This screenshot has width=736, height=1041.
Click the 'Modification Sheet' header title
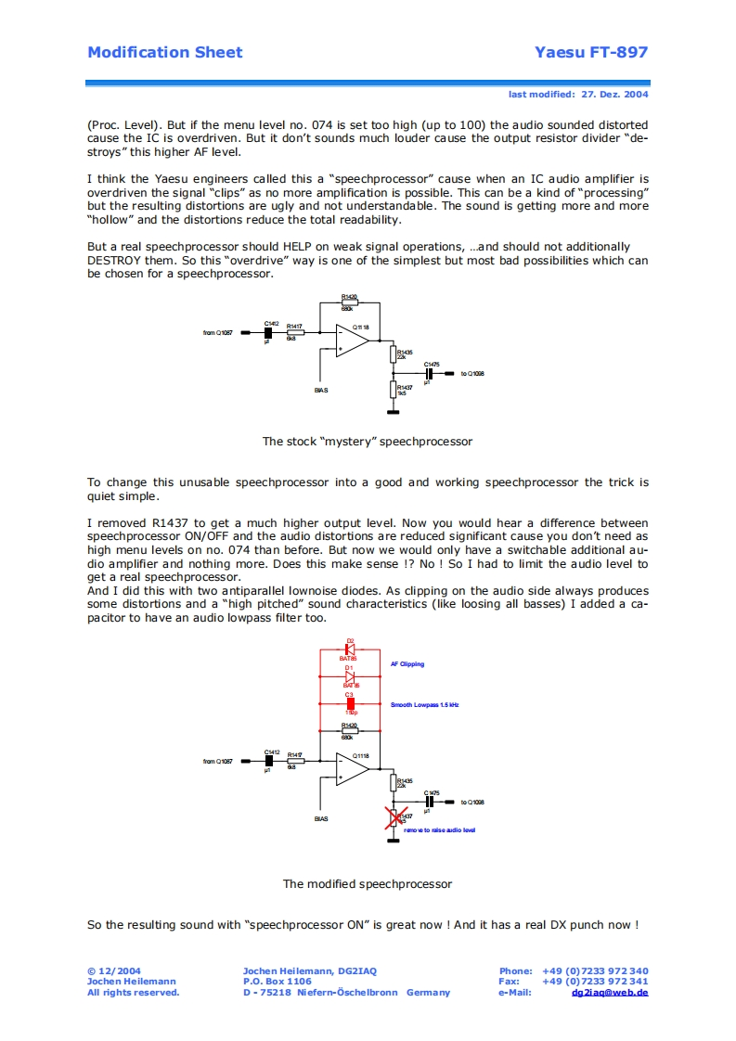point(164,52)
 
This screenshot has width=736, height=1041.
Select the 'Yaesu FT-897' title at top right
point(591,52)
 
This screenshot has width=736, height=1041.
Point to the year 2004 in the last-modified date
point(636,95)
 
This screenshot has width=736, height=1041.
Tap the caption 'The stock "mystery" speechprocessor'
point(367,442)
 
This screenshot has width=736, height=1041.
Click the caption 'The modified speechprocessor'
point(367,884)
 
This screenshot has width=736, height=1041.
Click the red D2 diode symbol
point(350,649)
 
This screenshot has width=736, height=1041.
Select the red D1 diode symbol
point(350,677)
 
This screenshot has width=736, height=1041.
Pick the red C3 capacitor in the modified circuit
point(350,704)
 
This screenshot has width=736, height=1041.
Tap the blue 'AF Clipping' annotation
point(407,664)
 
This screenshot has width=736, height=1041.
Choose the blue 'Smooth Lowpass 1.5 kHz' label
point(424,705)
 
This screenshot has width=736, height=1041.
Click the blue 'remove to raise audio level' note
point(439,829)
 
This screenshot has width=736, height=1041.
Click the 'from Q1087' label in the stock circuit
point(218,332)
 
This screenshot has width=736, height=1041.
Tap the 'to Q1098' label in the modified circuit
point(472,802)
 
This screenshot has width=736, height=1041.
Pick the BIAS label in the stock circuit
point(321,390)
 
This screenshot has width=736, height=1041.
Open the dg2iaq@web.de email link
point(610,992)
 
